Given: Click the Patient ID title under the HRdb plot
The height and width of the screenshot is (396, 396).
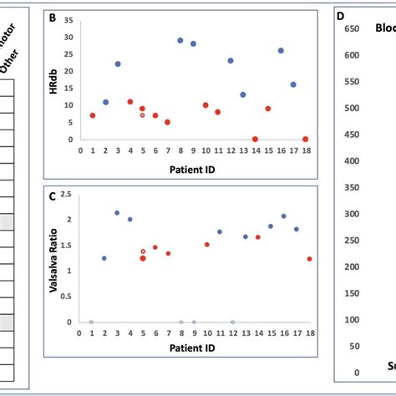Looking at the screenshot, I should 194,170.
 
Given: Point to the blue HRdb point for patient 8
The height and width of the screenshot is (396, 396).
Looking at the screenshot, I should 180,40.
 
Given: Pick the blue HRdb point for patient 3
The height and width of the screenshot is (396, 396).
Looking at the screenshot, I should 118,63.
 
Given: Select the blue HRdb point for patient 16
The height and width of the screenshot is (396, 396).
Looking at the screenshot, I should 281,50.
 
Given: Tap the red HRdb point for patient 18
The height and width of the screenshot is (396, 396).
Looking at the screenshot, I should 306,139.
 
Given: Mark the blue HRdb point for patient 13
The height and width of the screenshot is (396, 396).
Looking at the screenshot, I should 242,94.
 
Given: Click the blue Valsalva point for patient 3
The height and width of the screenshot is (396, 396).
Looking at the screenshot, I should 117,213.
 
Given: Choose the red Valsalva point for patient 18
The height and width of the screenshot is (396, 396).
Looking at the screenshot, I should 310,259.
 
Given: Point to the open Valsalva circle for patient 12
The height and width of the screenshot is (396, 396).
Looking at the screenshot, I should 233,322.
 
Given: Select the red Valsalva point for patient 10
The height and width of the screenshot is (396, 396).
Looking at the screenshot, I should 207,245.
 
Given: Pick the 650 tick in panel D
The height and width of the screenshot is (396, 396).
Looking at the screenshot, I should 351,29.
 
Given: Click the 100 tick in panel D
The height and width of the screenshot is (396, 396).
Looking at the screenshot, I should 351,320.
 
